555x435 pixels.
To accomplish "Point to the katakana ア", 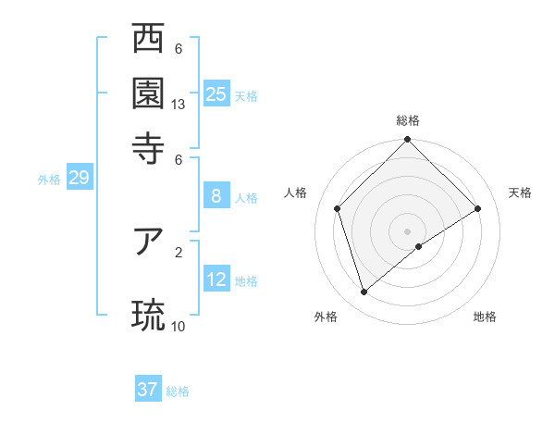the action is (148, 242).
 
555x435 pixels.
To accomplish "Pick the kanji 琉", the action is (148, 315).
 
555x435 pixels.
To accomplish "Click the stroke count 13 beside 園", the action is (179, 105).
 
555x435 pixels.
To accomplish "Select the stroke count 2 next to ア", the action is (179, 251).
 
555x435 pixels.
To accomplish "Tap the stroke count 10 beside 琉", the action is (179, 326).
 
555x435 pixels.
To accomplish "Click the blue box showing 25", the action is (216, 94).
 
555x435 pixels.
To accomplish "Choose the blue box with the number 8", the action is (216, 195).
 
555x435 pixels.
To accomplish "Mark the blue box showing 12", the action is (216, 280).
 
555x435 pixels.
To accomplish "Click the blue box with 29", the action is (79, 178).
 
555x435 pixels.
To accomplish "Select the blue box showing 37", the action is (148, 390).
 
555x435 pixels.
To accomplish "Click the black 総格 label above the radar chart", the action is (408, 120).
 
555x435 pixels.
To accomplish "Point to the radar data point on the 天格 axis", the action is (478, 208).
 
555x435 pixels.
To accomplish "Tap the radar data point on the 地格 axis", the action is (419, 246).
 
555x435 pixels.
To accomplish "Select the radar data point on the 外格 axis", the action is (364, 292).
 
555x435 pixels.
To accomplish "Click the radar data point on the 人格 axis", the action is (338, 208).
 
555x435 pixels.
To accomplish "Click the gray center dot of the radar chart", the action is (408, 230).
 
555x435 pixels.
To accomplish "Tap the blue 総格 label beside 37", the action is (178, 391).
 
